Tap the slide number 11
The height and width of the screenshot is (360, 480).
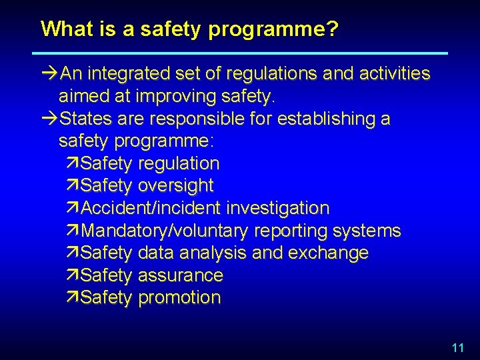(x=457, y=347)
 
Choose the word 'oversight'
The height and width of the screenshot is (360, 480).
(x=175, y=186)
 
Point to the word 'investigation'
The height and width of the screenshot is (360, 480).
(x=277, y=208)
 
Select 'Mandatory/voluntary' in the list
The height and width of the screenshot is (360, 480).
(x=163, y=231)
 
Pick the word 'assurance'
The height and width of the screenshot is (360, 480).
(x=180, y=275)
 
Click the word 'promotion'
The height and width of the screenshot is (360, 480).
(x=179, y=298)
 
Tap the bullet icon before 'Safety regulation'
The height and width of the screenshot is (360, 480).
(x=73, y=163)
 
